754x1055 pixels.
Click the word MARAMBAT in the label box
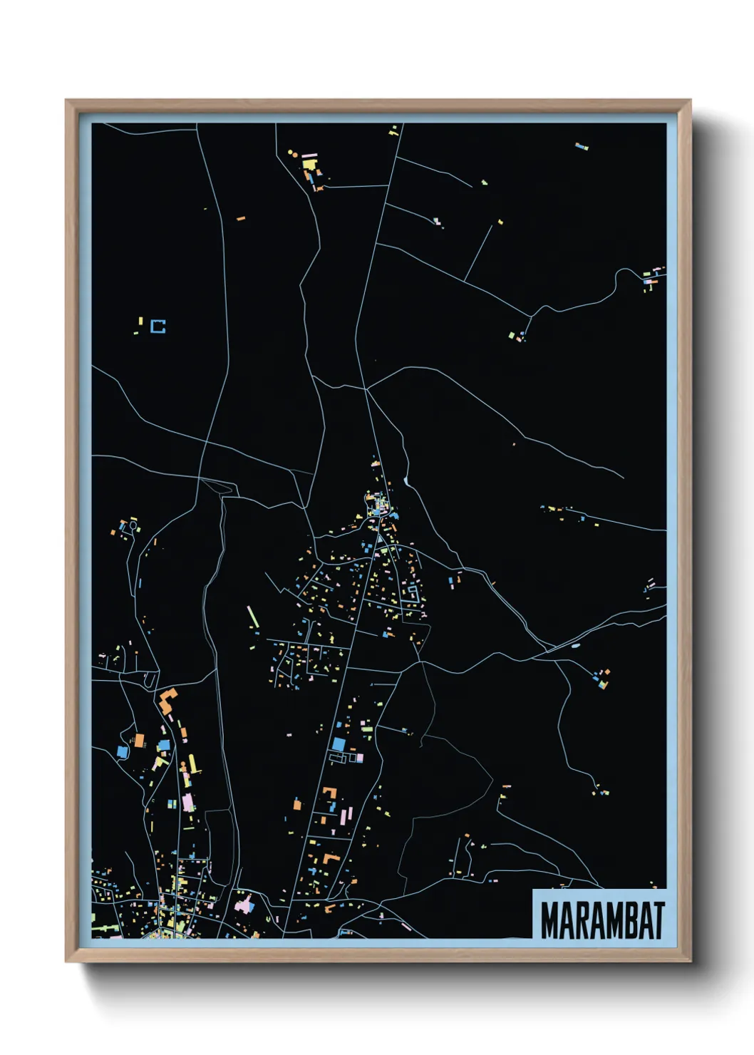click(x=602, y=920)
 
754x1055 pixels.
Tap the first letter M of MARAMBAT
click(x=549, y=920)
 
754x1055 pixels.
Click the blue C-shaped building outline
click(x=158, y=326)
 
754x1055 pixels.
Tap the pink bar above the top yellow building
click(x=309, y=153)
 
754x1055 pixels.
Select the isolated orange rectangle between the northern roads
click(x=241, y=217)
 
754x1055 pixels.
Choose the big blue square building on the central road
click(x=338, y=744)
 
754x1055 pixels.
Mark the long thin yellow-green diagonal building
click(x=252, y=617)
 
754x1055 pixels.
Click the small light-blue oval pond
click(x=575, y=647)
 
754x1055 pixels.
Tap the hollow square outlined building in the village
click(x=412, y=592)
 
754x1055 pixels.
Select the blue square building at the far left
click(x=121, y=751)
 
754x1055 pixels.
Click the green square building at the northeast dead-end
click(x=512, y=334)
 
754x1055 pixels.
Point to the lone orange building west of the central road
click(x=297, y=805)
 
